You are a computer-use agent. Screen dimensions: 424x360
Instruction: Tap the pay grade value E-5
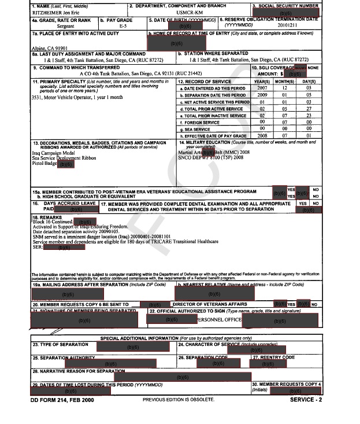[x=123, y=27]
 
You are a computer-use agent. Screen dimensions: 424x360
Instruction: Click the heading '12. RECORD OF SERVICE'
[x=205, y=82]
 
